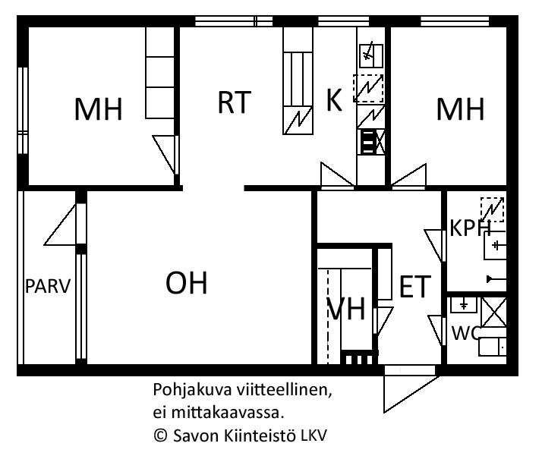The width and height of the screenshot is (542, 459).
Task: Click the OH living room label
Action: pos(187,283)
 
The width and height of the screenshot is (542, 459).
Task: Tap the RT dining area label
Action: pos(234,102)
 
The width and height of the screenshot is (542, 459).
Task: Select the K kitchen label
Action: pos(334,100)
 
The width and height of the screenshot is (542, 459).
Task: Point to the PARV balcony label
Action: pos(48,286)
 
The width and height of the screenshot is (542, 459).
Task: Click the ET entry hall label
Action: pos(415,286)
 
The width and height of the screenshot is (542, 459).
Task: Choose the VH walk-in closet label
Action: pos(346,309)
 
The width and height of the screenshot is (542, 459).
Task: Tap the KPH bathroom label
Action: pos(470,228)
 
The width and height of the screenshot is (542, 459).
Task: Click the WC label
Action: pos(465,333)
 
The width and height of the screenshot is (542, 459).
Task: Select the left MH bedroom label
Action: pos(99,109)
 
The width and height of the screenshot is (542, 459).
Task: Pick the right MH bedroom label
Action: pos(460,109)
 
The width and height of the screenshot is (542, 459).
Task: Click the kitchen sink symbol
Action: pos(371,55)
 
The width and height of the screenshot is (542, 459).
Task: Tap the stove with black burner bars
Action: pos(367,142)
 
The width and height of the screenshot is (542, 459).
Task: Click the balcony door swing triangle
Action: pos(61,225)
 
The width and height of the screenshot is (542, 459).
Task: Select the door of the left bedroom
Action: pos(165,154)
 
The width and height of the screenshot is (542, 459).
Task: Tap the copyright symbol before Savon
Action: pos(160,435)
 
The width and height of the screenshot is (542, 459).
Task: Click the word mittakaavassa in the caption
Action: pos(225,413)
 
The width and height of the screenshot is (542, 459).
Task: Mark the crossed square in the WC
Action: pos(494,312)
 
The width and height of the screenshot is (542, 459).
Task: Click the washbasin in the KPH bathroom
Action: pos(495,246)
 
